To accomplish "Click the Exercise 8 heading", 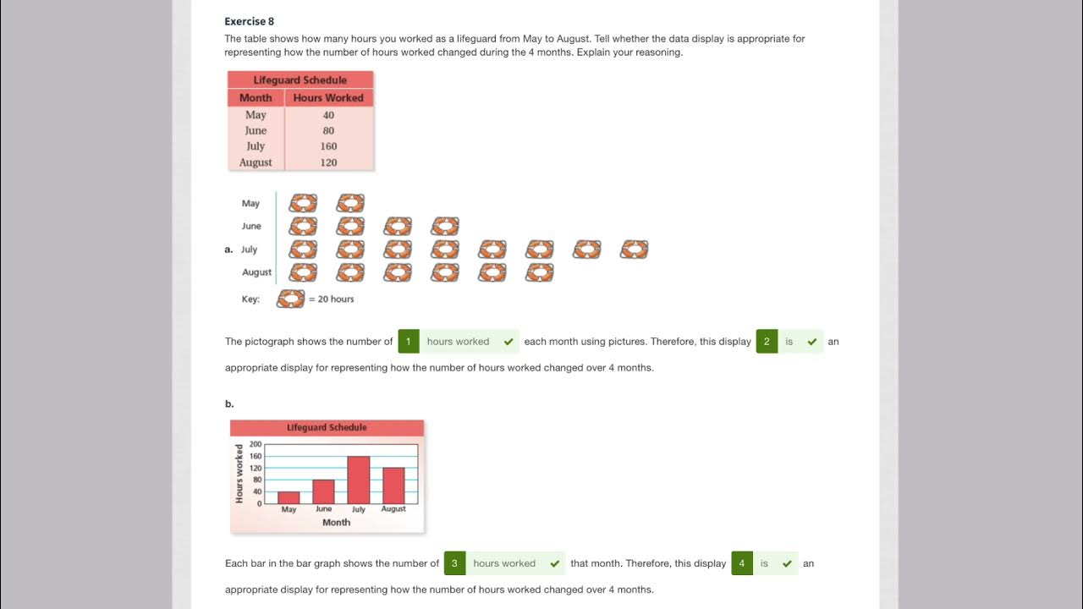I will [249, 21].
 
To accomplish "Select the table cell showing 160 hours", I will [328, 146].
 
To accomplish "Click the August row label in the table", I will [256, 162].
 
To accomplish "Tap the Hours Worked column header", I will [328, 98].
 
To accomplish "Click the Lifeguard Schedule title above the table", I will [300, 80].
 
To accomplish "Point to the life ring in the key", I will [290, 299].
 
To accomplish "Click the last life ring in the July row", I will [634, 250].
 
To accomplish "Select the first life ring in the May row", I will [303, 203].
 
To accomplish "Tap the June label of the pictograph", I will [251, 226].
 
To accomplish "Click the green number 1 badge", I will [408, 342].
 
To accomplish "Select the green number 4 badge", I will [741, 563].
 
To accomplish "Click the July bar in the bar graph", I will [359, 480].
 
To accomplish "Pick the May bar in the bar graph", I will [289, 497].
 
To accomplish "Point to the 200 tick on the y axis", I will [256, 444].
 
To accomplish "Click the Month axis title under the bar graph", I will [336, 523].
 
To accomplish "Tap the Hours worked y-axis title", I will [239, 474].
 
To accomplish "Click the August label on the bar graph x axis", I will [393, 509].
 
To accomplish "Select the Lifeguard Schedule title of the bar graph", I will [327, 428].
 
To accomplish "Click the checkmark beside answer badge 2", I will [812, 342].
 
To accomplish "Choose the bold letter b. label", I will [229, 403].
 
